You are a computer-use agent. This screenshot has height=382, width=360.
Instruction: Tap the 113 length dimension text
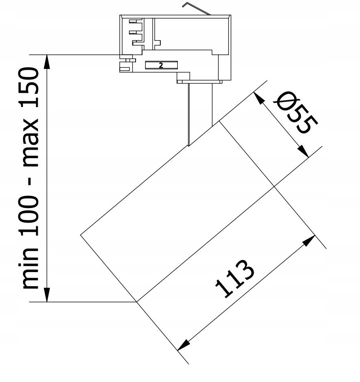pyautogui.click(x=235, y=279)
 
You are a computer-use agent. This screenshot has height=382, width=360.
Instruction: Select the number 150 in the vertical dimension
pyautogui.click(x=30, y=87)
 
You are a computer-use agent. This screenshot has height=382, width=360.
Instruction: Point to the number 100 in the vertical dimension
pyautogui.click(x=30, y=216)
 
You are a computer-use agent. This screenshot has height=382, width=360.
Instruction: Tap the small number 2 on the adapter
pyautogui.click(x=161, y=65)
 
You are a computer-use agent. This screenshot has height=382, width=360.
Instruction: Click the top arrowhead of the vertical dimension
pyautogui.click(x=47, y=62)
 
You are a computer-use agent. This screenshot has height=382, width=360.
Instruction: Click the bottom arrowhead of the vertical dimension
pyautogui.click(x=47, y=295)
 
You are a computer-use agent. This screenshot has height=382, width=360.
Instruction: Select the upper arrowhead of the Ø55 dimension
pyautogui.click(x=259, y=99)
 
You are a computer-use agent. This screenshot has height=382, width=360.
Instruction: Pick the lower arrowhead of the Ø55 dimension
pyautogui.click(x=303, y=151)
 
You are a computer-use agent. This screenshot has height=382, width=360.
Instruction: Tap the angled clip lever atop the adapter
pyautogui.click(x=196, y=9)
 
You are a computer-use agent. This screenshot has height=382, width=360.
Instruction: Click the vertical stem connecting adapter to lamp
pyautogui.click(x=200, y=114)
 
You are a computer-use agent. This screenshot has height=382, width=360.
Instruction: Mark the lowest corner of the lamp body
pyautogui.click(x=136, y=302)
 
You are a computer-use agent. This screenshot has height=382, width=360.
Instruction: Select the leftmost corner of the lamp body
pyautogui.click(x=80, y=235)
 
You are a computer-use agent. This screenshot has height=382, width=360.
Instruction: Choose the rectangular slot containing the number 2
pyautogui.click(x=161, y=65)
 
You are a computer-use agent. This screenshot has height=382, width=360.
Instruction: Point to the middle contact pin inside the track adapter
pyautogui.click(x=135, y=32)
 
